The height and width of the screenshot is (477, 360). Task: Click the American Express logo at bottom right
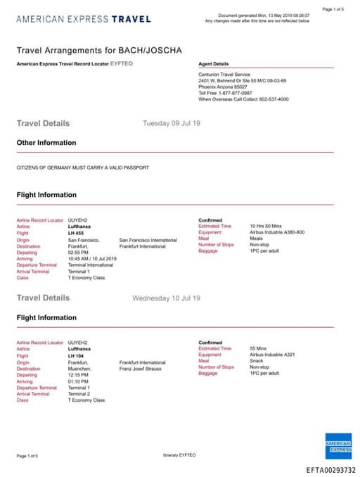(x=339, y=446)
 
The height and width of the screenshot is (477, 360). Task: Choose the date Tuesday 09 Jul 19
(x=172, y=123)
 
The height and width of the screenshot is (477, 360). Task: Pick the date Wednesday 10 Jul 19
(x=166, y=298)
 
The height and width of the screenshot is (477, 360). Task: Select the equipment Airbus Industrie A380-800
(x=277, y=233)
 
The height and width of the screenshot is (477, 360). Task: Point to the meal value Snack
(x=257, y=362)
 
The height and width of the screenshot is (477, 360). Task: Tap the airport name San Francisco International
(x=148, y=240)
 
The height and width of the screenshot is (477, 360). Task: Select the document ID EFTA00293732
(x=331, y=470)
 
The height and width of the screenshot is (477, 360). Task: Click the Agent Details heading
(x=214, y=64)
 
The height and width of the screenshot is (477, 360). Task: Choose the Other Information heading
(x=46, y=143)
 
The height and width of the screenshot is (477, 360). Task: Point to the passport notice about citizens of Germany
(x=82, y=167)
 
